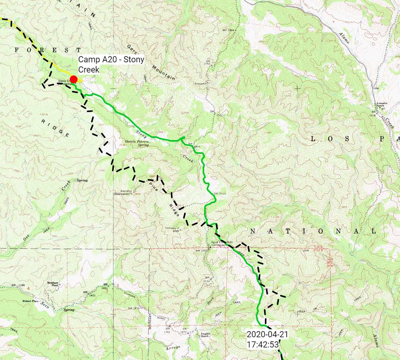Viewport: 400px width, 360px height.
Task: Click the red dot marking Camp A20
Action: click(74, 79)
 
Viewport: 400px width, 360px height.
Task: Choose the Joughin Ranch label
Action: click(205, 335)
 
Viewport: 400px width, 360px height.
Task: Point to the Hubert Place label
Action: click(30, 301)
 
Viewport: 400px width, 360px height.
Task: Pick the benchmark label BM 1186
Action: click(18, 285)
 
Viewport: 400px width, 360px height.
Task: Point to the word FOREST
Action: click(48, 50)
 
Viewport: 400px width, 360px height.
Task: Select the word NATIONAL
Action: click(313, 231)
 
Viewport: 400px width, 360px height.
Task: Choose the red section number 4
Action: click(29, 289)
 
